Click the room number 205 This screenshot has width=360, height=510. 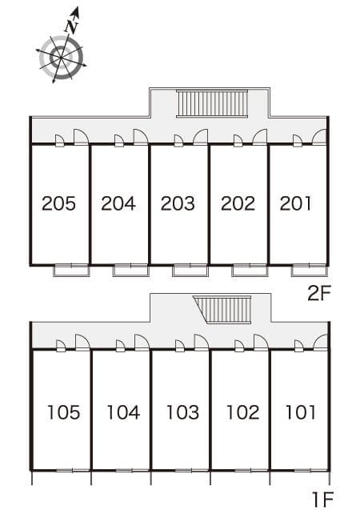tap(59, 203)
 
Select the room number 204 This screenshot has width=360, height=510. tap(118, 203)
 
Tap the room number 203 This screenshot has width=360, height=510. tap(178, 203)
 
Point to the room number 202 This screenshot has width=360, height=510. tap(238, 203)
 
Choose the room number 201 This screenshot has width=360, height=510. tap(296, 203)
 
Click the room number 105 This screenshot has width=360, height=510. tap(63, 412)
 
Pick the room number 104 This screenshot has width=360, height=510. tap(123, 412)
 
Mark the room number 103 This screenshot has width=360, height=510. tap(182, 412)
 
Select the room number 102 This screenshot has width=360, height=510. tap(242, 412)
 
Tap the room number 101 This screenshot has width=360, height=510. tap(301, 412)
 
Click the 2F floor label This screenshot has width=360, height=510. tap(319, 292)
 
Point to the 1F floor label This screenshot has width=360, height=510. tap(322, 500)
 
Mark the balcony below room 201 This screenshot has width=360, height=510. tap(309, 270)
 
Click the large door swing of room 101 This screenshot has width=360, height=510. tap(320, 343)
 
